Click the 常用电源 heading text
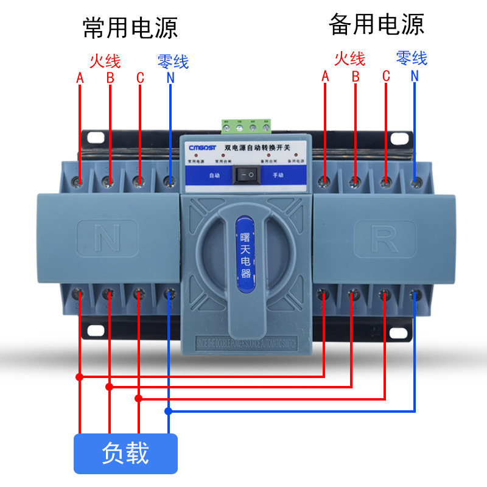click(x=130, y=27)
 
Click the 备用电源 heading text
click(x=376, y=24)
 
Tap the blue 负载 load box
click(x=125, y=454)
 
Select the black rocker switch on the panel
click(x=247, y=175)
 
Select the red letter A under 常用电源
click(x=80, y=77)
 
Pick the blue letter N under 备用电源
click(x=415, y=75)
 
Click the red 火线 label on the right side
click(x=349, y=58)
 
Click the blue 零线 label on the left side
click(x=173, y=61)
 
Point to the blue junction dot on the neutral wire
click(x=169, y=411)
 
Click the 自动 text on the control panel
click(x=214, y=175)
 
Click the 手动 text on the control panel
click(x=278, y=175)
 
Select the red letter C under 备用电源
click(x=385, y=75)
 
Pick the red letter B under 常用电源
click(x=110, y=77)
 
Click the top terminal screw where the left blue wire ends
click(x=170, y=181)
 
